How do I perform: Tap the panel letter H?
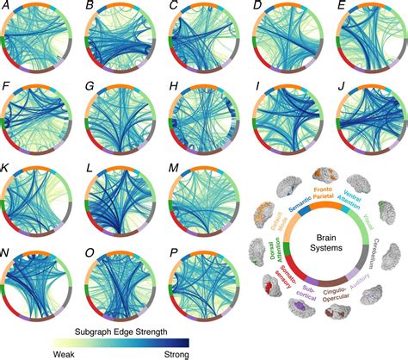173,87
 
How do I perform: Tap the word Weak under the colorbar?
65,352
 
